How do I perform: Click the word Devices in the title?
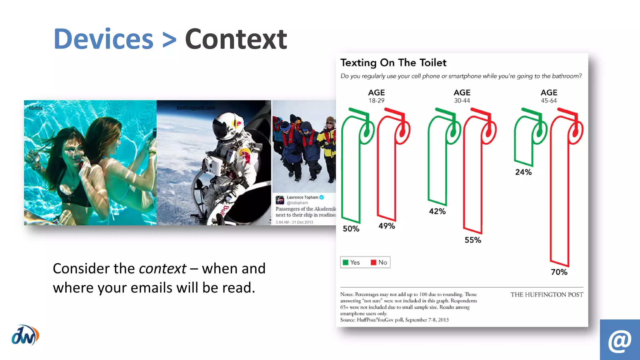click(x=103, y=39)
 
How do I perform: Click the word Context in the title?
click(x=236, y=39)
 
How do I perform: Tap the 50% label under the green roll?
click(x=351, y=229)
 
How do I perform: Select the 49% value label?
click(x=387, y=226)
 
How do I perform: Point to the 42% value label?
click(x=437, y=211)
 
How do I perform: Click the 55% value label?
click(x=472, y=240)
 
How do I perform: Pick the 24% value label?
click(x=523, y=172)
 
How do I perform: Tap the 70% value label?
click(x=559, y=272)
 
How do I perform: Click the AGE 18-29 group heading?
click(x=376, y=96)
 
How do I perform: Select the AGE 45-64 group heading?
click(x=549, y=96)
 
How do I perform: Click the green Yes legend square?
click(x=345, y=262)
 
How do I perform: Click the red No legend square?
click(x=373, y=262)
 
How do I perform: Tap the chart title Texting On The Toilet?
click(x=393, y=63)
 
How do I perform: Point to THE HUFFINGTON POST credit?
click(x=547, y=295)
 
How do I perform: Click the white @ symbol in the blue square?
click(x=620, y=341)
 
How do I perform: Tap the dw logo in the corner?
click(x=25, y=335)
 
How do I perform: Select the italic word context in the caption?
click(x=162, y=268)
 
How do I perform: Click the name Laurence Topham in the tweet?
click(x=302, y=197)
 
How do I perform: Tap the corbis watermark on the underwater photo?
click(x=36, y=108)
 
